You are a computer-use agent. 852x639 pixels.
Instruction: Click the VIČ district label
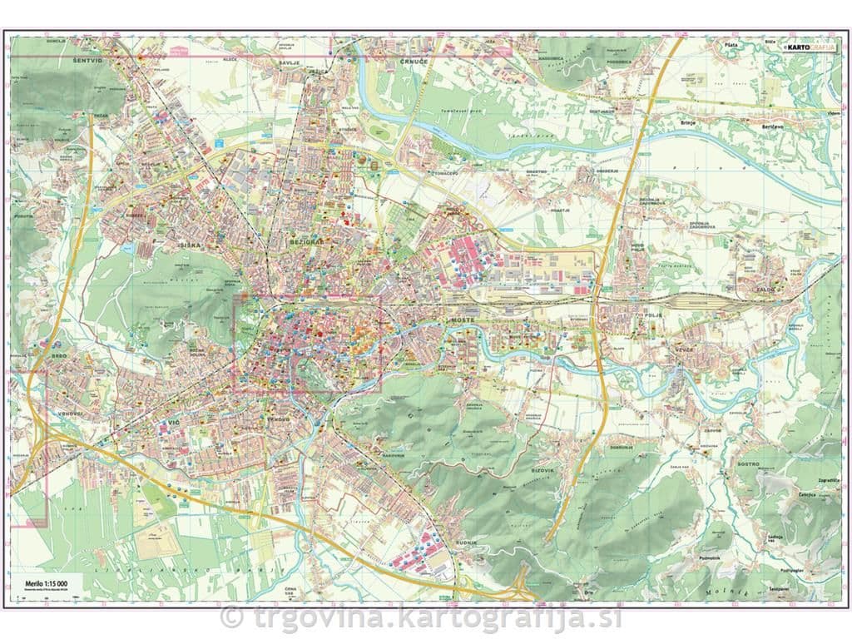pos(174,424)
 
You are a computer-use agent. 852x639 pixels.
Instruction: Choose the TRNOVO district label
pos(277,419)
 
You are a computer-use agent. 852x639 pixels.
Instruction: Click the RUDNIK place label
pos(466,543)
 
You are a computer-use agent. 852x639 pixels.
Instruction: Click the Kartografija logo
pos(810,47)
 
